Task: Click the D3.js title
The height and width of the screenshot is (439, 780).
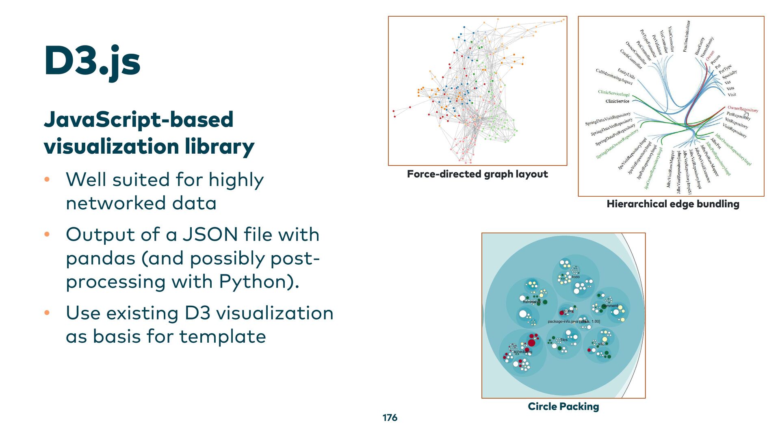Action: [92, 61]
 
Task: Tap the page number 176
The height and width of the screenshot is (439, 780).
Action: [390, 417]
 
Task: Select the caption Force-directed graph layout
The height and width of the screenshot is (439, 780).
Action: [477, 174]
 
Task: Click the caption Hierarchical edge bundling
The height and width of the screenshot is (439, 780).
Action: [673, 204]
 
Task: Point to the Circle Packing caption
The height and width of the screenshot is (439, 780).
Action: [563, 406]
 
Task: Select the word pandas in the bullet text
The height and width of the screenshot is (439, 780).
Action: [100, 258]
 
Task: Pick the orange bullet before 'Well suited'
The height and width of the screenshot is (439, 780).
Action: [47, 179]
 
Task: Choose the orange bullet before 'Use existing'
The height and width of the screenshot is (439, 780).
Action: [47, 313]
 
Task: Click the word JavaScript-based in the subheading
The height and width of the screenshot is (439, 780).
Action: [139, 120]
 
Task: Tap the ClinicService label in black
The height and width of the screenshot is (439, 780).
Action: [617, 101]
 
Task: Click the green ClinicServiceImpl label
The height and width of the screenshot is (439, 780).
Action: [613, 93]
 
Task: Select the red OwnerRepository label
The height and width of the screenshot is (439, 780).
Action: [743, 109]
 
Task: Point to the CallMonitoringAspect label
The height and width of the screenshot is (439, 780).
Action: [614, 77]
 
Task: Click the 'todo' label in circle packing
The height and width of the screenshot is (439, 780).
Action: [576, 277]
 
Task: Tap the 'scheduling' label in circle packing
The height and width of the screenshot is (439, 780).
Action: [522, 352]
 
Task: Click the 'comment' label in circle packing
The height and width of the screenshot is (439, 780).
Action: [610, 306]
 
